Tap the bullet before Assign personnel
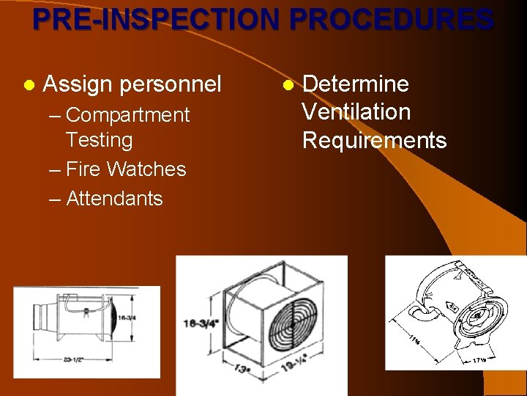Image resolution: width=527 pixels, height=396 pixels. [28, 85]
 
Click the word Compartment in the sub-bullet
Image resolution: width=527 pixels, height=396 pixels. [127, 115]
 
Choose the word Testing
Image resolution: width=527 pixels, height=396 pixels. [99, 140]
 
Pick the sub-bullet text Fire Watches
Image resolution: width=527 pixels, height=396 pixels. [126, 169]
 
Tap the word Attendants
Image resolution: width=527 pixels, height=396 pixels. [114, 199]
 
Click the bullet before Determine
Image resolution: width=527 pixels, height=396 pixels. [288, 85]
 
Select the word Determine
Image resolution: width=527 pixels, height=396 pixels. [356, 84]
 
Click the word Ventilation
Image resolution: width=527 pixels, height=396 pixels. [356, 112]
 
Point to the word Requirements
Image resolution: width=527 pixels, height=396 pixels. [374, 140]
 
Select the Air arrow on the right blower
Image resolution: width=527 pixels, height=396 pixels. [453, 307]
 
